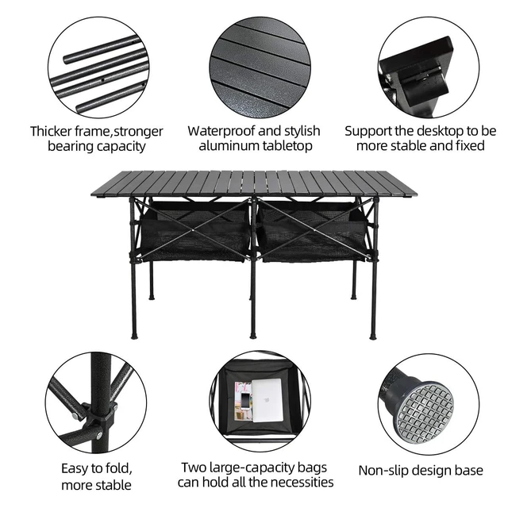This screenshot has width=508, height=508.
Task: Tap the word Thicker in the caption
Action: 51,131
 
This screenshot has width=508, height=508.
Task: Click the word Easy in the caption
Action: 75,469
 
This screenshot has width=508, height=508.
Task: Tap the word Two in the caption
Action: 194,468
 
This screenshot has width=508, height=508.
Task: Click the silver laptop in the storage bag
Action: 267,400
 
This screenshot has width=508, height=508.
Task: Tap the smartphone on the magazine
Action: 245,402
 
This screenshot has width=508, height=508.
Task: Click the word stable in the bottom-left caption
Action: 113,485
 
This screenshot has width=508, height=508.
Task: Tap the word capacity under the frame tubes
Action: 121,146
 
